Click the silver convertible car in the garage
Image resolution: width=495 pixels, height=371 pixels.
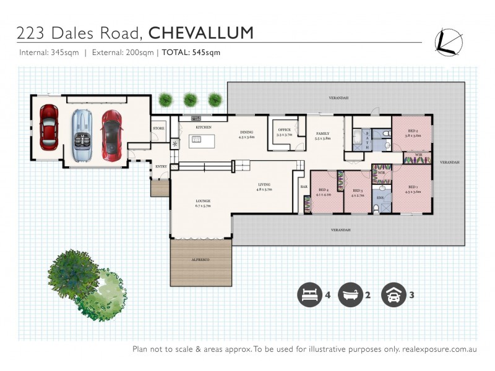[x=80, y=136]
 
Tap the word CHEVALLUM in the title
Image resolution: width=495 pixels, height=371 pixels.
[x=202, y=32]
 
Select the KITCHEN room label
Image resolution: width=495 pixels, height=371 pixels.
[x=204, y=127]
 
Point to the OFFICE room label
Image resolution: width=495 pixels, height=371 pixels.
[x=283, y=129]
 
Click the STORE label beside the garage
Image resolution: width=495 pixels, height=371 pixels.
[x=158, y=129]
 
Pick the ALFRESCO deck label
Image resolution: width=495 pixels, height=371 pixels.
[x=200, y=260]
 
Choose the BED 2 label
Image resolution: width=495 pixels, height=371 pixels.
[x=412, y=130]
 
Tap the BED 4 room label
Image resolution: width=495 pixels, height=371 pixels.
[x=323, y=190]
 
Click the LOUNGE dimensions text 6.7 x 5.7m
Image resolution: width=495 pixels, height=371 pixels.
[x=202, y=206]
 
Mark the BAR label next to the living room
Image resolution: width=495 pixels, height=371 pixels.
[x=304, y=186]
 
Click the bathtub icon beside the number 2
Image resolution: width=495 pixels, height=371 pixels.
[x=350, y=294]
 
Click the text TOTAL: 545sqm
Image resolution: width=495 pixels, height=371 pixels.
[x=191, y=53]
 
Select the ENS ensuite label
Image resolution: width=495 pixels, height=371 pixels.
[x=381, y=198]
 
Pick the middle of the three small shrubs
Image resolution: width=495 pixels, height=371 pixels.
[x=191, y=99]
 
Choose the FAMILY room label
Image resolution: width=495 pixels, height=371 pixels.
[x=322, y=134]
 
